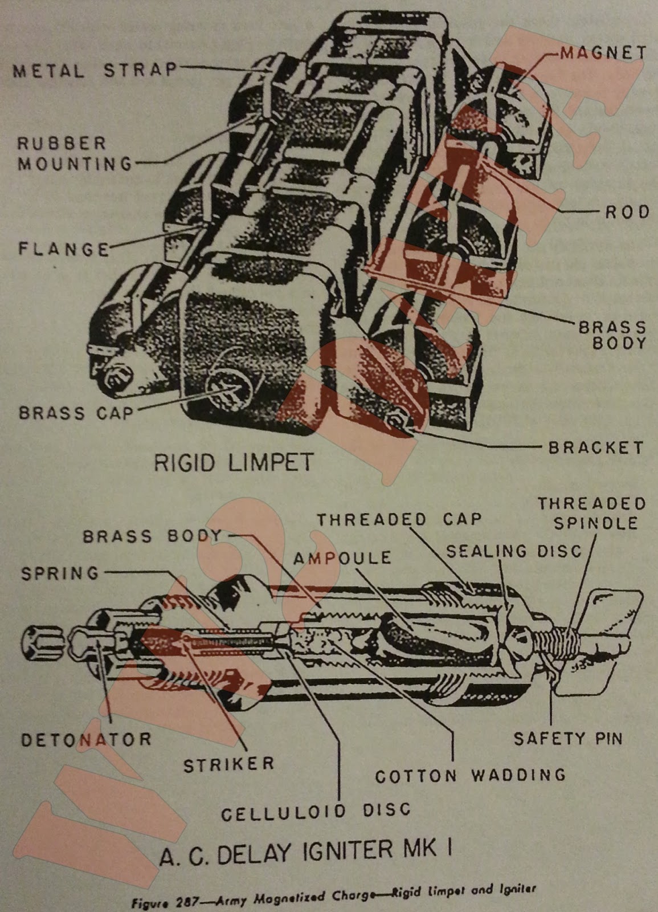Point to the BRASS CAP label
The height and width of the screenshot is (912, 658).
pyautogui.click(x=76, y=413)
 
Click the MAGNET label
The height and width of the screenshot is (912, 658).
pyautogui.click(x=603, y=53)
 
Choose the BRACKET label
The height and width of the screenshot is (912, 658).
pyautogui.click(x=596, y=447)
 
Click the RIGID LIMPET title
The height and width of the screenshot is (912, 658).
pyautogui.click(x=234, y=462)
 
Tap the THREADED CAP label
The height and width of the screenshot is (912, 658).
pyautogui.click(x=399, y=519)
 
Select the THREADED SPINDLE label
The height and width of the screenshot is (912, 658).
pyautogui.click(x=592, y=513)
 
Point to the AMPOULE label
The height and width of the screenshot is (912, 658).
pyautogui.click(x=342, y=557)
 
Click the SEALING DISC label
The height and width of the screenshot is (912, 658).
pyautogui.click(x=514, y=551)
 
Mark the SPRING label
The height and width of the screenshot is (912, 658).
pyautogui.click(x=60, y=573)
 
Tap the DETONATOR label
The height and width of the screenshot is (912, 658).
pyautogui.click(x=86, y=739)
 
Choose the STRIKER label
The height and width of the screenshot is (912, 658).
pyautogui.click(x=229, y=764)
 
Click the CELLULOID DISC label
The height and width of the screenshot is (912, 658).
pyautogui.click(x=316, y=811)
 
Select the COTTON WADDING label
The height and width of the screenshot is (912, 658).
pyautogui.click(x=470, y=775)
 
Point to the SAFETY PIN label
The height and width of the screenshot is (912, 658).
pyautogui.click(x=568, y=739)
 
